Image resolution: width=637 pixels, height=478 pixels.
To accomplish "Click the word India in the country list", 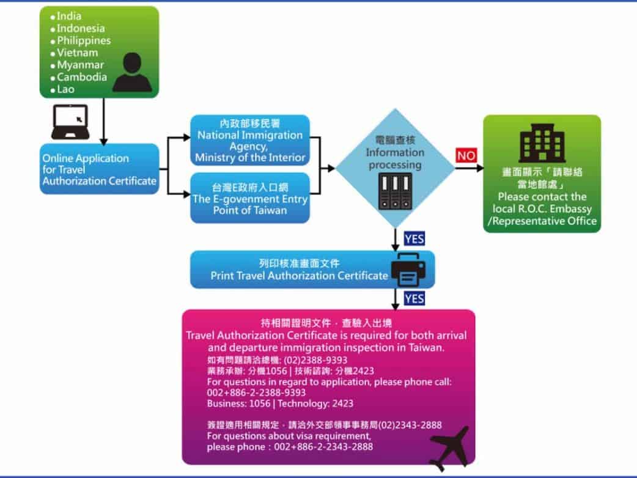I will pos(69,16).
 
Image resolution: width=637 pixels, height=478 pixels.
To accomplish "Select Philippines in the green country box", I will pos(84,40).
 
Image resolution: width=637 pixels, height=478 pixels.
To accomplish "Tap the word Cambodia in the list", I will pos(82,77).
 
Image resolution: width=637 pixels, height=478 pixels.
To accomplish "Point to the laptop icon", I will pos(70,122).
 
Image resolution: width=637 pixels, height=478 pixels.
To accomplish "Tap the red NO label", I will pos(466,156).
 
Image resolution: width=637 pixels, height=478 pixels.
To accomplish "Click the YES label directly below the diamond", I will pos(414,238).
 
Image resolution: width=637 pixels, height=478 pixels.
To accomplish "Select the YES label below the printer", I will pos(414,298).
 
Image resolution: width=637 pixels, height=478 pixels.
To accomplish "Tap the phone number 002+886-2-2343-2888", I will pos(320,447).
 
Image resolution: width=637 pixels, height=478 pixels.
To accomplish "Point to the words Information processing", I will pos(394,159).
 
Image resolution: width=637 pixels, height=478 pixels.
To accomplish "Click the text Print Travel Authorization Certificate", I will pos(299,276).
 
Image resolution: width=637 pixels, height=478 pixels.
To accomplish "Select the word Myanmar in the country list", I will pos(81,65).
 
